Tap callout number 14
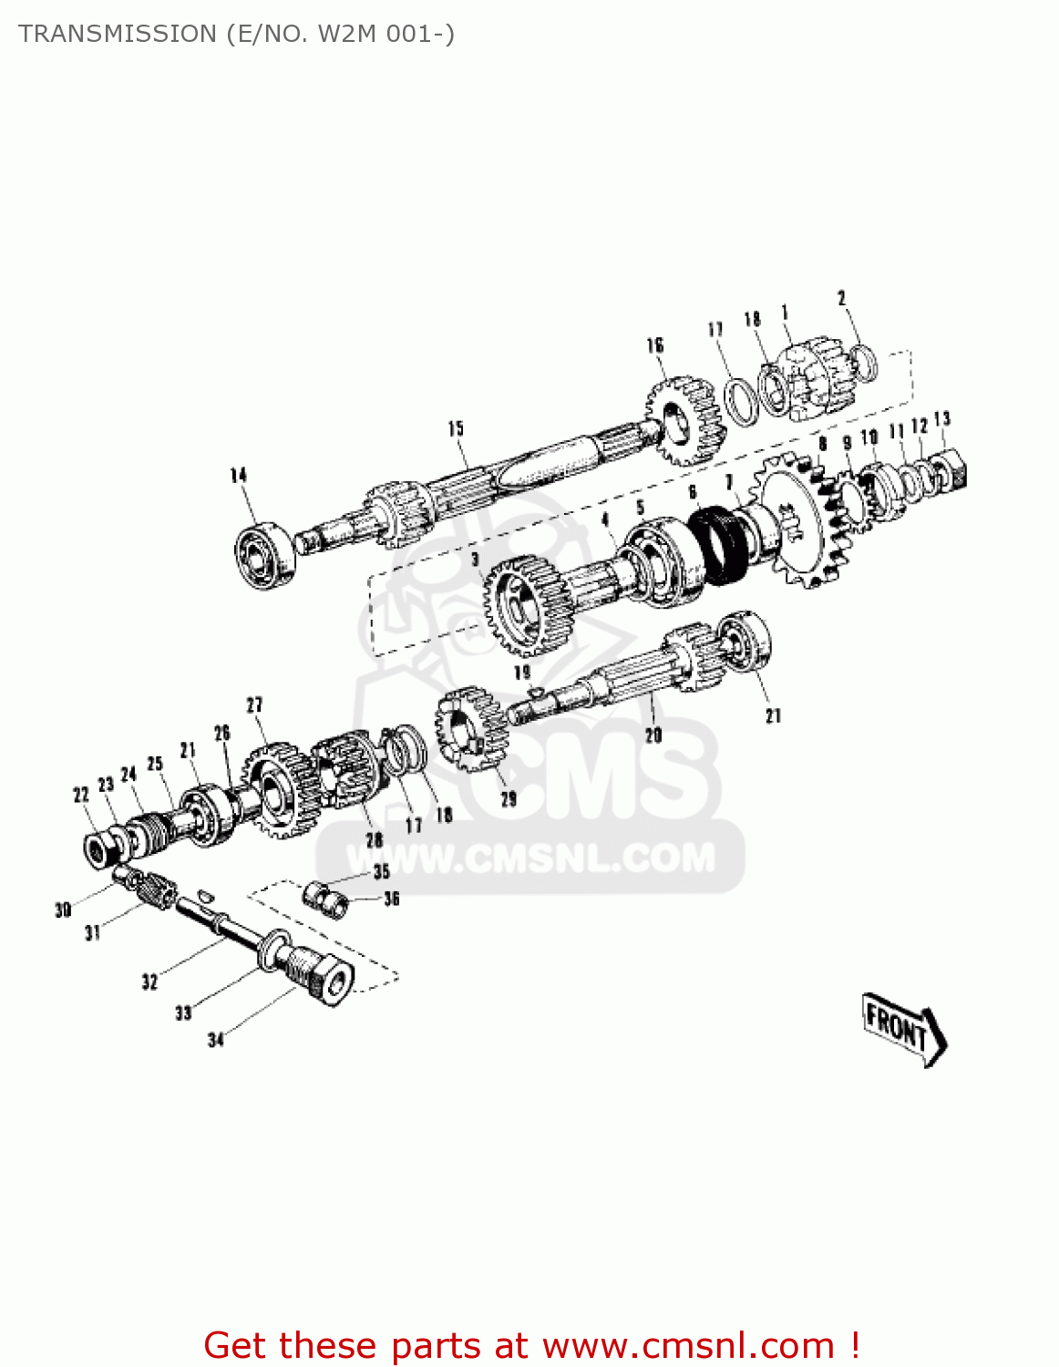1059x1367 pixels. click(x=239, y=475)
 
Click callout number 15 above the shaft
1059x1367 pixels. click(x=456, y=428)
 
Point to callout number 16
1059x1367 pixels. click(x=655, y=344)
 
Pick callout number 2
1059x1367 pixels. click(x=842, y=298)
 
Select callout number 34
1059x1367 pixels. click(x=216, y=1040)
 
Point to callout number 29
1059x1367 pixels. click(x=509, y=799)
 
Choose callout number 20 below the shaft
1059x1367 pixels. click(x=653, y=735)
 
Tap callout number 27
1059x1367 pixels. click(x=254, y=704)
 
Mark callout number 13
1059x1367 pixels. click(x=942, y=418)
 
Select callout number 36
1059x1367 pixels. click(x=392, y=899)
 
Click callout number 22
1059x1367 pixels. click(x=81, y=795)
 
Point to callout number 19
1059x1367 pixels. click(x=522, y=673)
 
